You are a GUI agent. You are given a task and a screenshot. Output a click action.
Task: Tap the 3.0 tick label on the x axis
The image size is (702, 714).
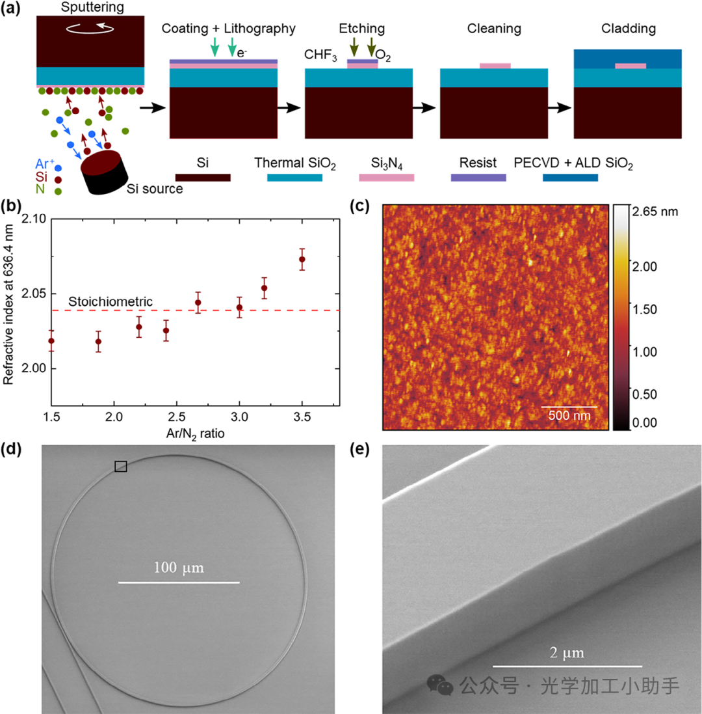[x=239, y=415]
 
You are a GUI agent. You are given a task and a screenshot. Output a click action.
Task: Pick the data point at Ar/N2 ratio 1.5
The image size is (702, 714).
[x=51, y=340]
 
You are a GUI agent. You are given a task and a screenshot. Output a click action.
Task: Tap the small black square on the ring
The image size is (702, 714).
[x=121, y=466]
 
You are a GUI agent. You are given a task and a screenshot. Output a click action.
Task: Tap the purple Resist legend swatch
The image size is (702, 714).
[x=478, y=177]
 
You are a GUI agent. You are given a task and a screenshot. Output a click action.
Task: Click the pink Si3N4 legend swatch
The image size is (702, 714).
[x=387, y=177]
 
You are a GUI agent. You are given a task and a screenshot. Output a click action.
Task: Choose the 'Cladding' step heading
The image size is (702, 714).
[x=628, y=29]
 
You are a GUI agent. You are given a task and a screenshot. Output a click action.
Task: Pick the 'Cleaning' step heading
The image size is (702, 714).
[x=493, y=29]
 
